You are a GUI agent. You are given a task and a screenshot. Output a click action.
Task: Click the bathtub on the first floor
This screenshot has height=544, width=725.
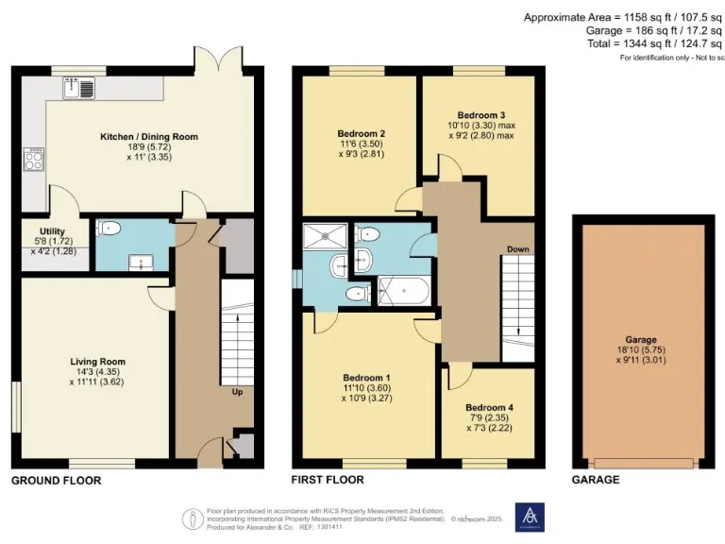[x=403, y=290]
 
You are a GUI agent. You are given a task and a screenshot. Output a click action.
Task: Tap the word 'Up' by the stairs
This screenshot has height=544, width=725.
[x=238, y=391]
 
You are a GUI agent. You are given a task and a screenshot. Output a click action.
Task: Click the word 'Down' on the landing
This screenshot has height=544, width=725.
[x=518, y=250]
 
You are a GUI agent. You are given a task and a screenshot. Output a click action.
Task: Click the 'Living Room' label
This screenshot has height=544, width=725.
[x=97, y=361]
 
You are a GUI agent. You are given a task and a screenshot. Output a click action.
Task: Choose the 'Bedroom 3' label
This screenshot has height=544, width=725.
[x=481, y=112]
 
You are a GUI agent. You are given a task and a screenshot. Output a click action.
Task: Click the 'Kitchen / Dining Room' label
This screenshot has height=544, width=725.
[x=149, y=137]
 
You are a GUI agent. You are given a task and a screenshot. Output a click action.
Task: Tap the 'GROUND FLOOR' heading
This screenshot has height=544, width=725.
[x=56, y=481]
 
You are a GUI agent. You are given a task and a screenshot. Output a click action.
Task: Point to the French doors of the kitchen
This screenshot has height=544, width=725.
[x=215, y=59]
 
